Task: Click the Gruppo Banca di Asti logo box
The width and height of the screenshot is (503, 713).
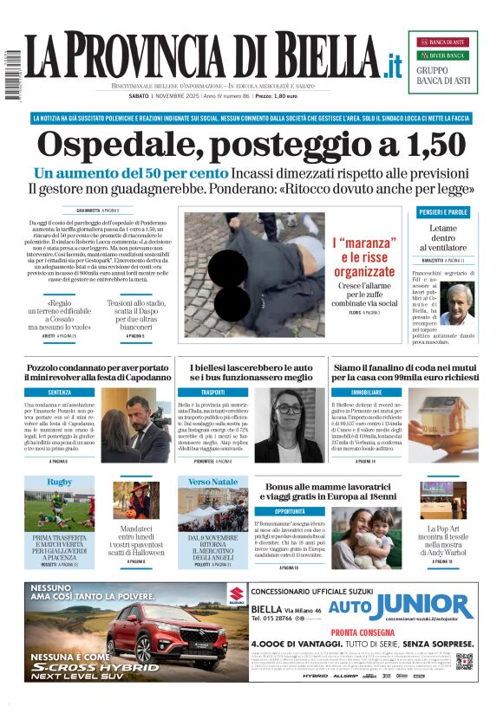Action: [x=442, y=62]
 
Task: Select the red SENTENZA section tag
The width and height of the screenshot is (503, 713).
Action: [x=60, y=392]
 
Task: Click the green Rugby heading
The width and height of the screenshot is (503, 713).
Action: [x=60, y=482]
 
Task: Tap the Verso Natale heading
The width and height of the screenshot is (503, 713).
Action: [x=212, y=482]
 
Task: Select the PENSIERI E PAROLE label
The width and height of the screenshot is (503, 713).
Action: [x=443, y=212]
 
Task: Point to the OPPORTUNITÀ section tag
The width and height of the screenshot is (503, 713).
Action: [x=278, y=512]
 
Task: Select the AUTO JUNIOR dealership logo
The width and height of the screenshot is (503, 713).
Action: [x=400, y=607]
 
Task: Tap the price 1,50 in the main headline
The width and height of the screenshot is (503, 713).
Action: [x=430, y=144]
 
